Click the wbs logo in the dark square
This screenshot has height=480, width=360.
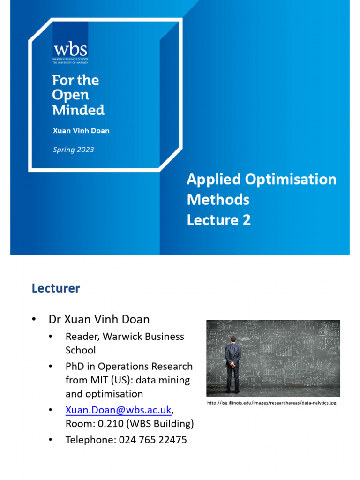[x=70, y=50]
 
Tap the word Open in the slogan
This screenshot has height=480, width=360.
[x=70, y=95]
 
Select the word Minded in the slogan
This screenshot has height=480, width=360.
[x=78, y=110]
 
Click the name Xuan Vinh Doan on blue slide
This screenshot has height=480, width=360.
[x=81, y=131]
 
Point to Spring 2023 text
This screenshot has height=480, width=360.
[x=73, y=150]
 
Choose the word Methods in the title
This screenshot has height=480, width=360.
[x=218, y=200]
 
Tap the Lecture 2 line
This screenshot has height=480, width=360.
[x=218, y=220]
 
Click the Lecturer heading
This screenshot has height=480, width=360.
[x=56, y=288]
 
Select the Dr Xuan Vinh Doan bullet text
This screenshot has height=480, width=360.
[x=99, y=319]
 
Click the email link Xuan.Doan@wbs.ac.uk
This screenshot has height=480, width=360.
[x=118, y=410]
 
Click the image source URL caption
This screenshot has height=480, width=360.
[x=271, y=403]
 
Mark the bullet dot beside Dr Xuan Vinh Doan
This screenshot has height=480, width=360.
[x=34, y=319]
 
